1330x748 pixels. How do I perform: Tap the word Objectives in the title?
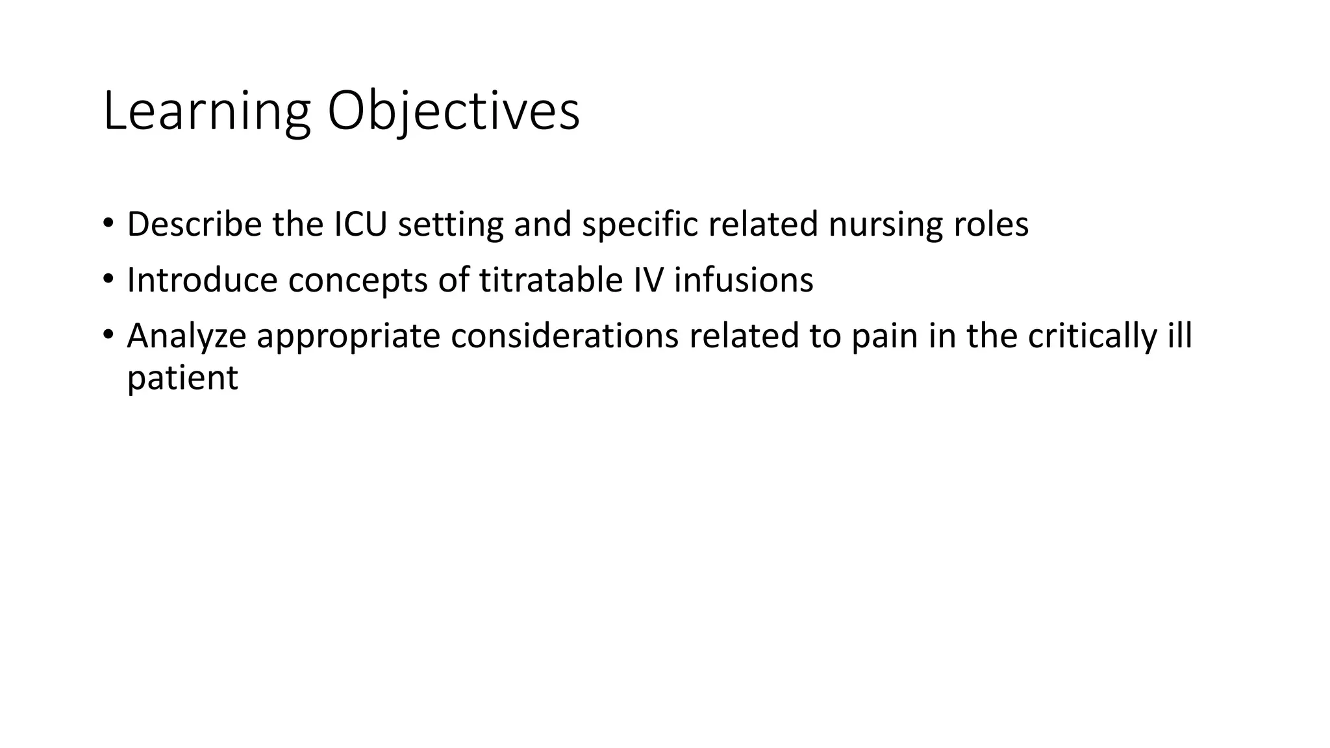tap(453, 112)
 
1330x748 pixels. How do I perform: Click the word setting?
tap(450, 225)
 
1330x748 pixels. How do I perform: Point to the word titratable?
tap(551, 280)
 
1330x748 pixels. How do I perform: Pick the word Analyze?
tap(186, 337)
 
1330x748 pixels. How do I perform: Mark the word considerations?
tap(564, 336)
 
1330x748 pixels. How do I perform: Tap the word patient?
tap(182, 379)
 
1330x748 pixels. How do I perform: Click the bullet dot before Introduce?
tap(108, 279)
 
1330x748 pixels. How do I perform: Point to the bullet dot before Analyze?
tap(108, 335)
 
